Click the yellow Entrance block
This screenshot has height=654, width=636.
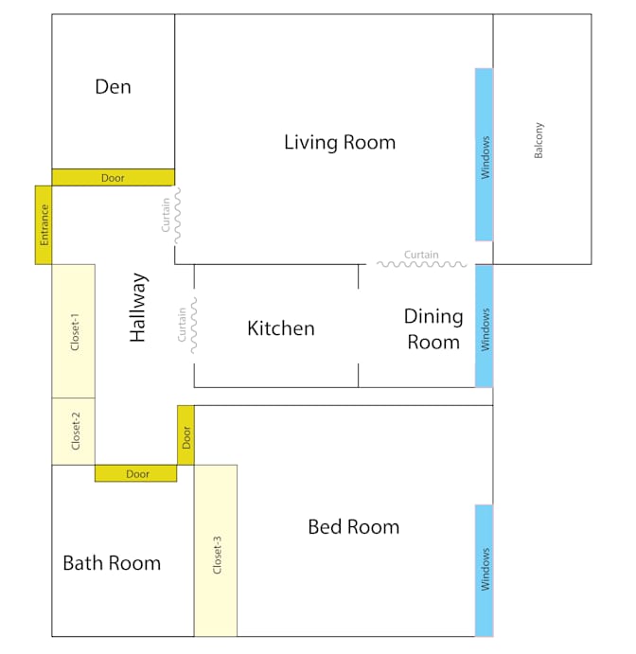[43, 224]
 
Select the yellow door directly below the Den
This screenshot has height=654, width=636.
[113, 177]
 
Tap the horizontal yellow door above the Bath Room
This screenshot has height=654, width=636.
[135, 473]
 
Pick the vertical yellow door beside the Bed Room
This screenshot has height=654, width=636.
[185, 435]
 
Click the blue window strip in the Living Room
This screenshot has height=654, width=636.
[484, 154]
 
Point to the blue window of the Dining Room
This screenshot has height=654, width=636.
[484, 326]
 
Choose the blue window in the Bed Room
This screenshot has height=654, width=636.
[484, 570]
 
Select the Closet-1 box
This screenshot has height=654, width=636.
[73, 330]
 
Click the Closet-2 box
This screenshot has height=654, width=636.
[73, 431]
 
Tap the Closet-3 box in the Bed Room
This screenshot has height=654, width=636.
[215, 550]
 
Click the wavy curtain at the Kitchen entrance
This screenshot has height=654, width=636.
[193, 326]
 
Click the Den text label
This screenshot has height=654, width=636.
[113, 87]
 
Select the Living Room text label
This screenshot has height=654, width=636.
[339, 143]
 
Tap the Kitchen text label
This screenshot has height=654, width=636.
[280, 328]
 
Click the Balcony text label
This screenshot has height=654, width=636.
[539, 140]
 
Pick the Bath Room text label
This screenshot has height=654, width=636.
[112, 563]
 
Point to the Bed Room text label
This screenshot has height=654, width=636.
[353, 527]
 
